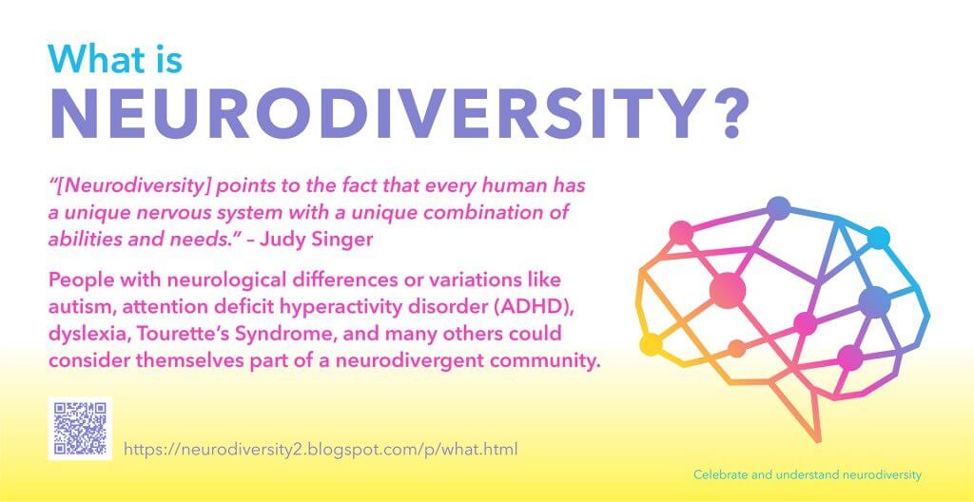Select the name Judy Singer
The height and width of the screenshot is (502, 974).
317,240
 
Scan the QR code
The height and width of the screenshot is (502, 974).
80,428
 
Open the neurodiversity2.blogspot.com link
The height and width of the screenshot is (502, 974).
321,449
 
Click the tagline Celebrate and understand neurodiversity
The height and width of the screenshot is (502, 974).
808,475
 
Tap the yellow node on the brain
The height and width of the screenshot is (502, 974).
651,344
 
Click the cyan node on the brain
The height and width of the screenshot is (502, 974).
878,238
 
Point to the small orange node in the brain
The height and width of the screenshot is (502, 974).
737,349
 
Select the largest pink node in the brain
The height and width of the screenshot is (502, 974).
728,290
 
